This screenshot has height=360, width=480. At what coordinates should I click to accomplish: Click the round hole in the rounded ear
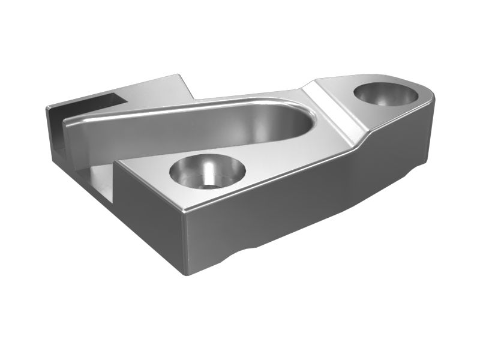tap(385, 94)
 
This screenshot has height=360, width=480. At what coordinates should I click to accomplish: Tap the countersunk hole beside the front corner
tap(207, 171)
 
